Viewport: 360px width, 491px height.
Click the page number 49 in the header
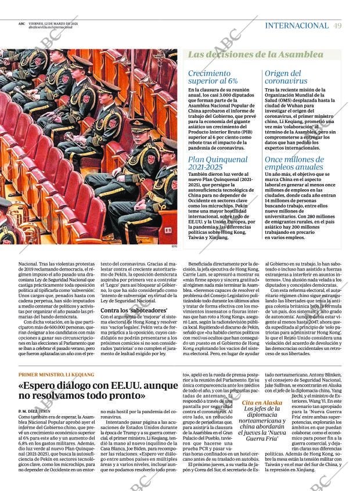pyautogui.click(x=337, y=26)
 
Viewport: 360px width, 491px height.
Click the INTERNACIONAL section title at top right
pyautogui.click(x=296, y=26)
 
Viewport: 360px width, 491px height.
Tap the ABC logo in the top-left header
pyautogui.click(x=21, y=23)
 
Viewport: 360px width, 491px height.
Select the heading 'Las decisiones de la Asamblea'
pyautogui.click(x=255, y=55)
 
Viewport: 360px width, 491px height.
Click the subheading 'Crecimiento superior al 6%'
pyautogui.click(x=213, y=77)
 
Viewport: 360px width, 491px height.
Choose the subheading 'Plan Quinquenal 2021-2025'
pyautogui.click(x=218, y=163)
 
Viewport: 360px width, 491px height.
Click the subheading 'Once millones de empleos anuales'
pyautogui.click(x=294, y=163)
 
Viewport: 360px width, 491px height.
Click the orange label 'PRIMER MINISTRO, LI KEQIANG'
pyautogui.click(x=56, y=374)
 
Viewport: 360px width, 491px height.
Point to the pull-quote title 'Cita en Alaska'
pyautogui.click(x=262, y=418)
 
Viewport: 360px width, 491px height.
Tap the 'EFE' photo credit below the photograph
pyautogui.click(x=174, y=246)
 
